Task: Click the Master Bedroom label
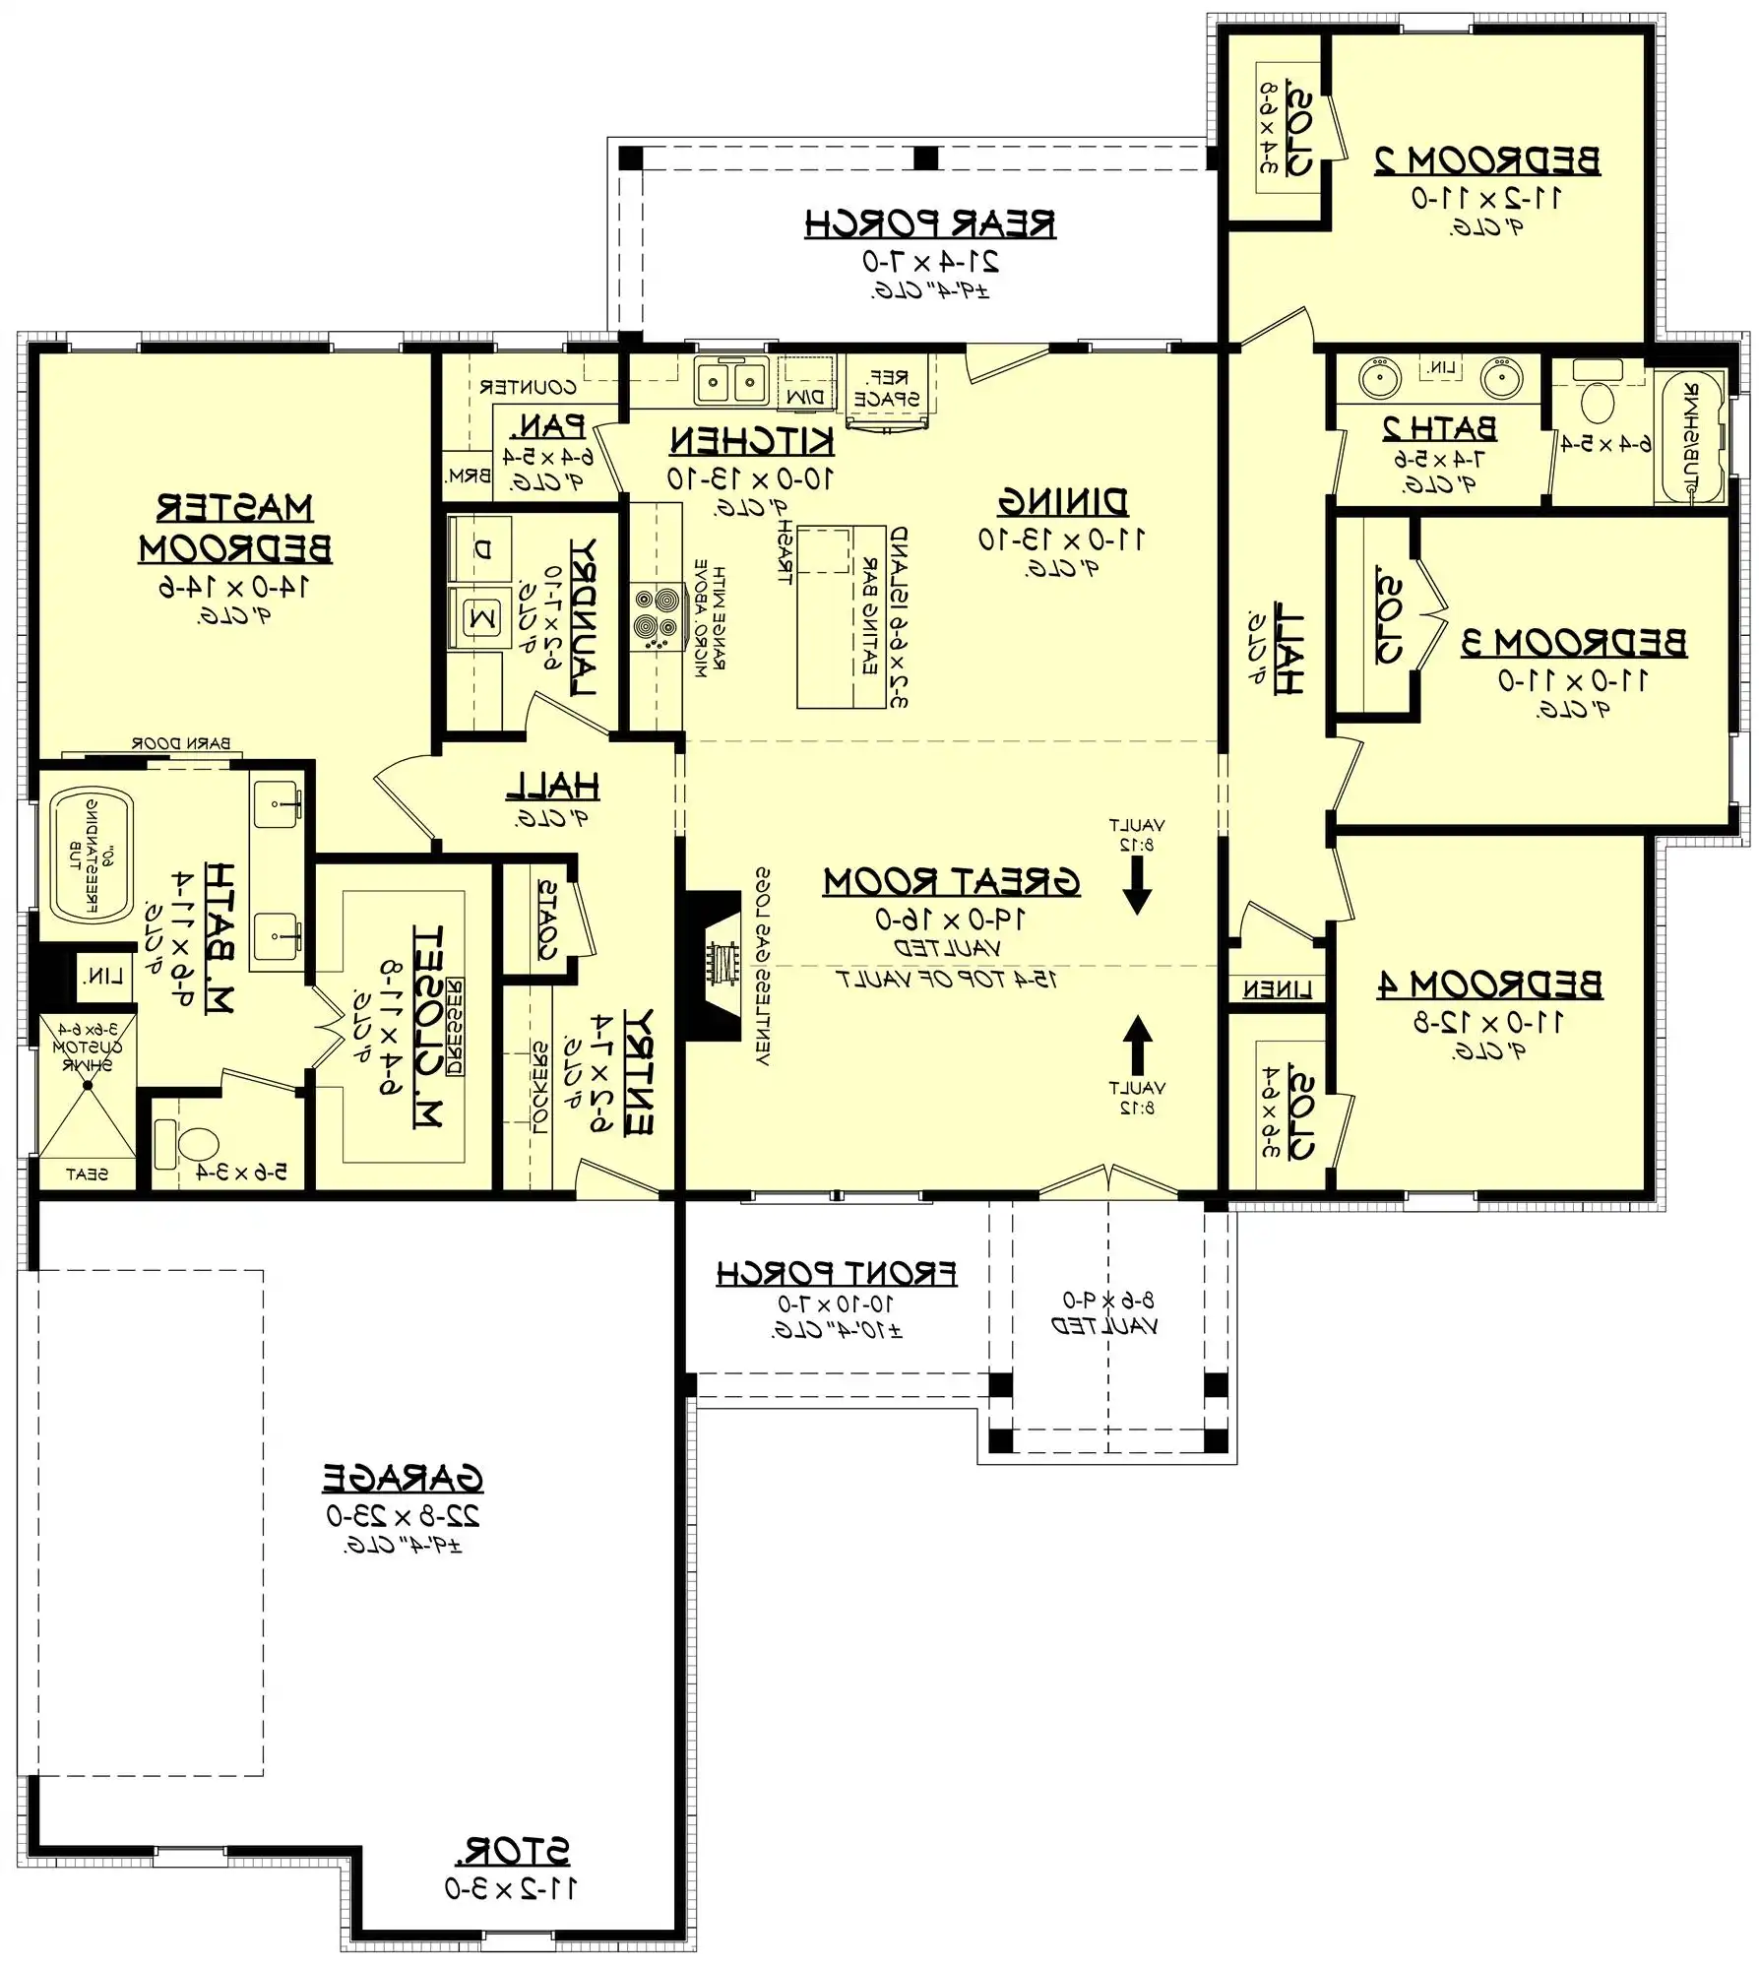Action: (235, 528)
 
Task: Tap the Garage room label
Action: (404, 1478)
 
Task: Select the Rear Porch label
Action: (930, 224)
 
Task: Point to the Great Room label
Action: (951, 881)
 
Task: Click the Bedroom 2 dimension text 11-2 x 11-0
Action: (1486, 198)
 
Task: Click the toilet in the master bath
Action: (198, 1145)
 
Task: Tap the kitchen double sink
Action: (731, 380)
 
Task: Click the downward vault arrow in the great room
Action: (1137, 885)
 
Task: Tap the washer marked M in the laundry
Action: (481, 618)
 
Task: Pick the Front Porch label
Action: (836, 1273)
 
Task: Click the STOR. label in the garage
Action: (512, 1852)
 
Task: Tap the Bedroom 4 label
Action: (1489, 984)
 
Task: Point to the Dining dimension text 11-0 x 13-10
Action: (1061, 540)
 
